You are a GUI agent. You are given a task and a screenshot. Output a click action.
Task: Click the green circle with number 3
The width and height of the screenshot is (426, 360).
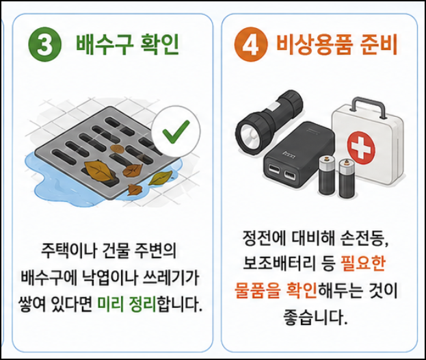pyautogui.click(x=45, y=44)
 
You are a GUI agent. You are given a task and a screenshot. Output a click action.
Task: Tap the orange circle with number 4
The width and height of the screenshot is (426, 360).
pyautogui.click(x=251, y=44)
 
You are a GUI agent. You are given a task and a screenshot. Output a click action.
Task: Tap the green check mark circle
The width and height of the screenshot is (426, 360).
pyautogui.click(x=176, y=131)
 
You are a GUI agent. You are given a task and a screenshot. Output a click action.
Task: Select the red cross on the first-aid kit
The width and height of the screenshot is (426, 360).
pyautogui.click(x=361, y=148)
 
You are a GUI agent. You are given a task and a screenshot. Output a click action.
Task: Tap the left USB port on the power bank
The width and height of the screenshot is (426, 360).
pyautogui.click(x=274, y=169)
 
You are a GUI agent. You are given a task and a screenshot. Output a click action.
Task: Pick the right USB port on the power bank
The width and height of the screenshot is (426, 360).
pyautogui.click(x=291, y=176)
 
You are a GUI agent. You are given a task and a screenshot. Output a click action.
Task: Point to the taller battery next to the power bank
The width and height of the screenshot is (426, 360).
pyautogui.click(x=328, y=175)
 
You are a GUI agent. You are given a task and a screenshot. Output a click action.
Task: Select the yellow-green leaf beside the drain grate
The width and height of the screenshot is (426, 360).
pyautogui.click(x=160, y=178)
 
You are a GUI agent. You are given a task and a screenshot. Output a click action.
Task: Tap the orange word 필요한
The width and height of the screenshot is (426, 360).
pyautogui.click(x=363, y=263)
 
